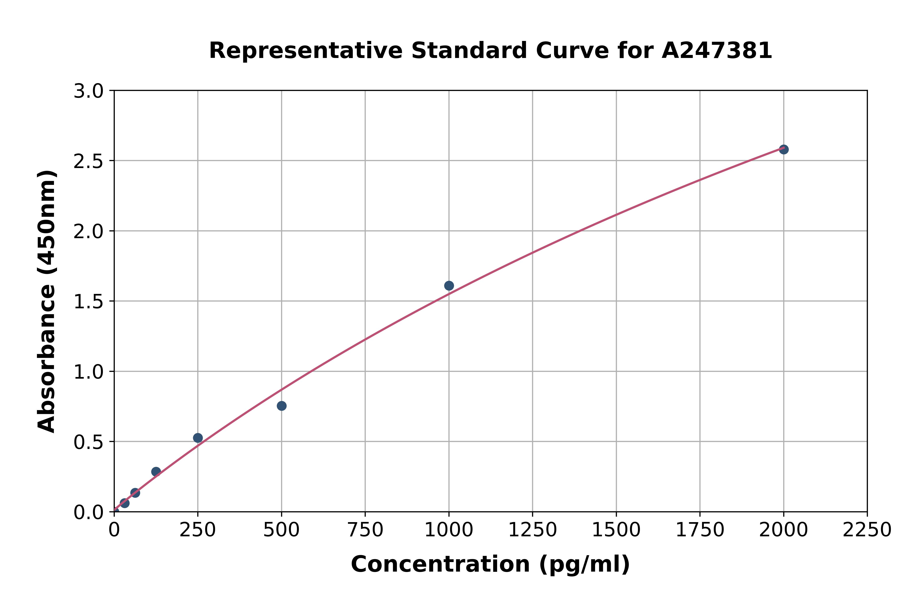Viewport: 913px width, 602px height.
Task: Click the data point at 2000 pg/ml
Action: pos(784,149)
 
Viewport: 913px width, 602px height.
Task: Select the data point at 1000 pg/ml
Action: pos(449,286)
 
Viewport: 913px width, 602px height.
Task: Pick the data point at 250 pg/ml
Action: pos(198,438)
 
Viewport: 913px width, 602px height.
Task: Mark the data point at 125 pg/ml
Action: pos(156,471)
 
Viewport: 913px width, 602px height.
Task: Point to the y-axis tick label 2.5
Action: pos(88,162)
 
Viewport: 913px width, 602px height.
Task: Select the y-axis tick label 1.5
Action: pos(88,302)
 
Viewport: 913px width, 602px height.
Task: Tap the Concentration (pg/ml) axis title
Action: pos(490,564)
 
